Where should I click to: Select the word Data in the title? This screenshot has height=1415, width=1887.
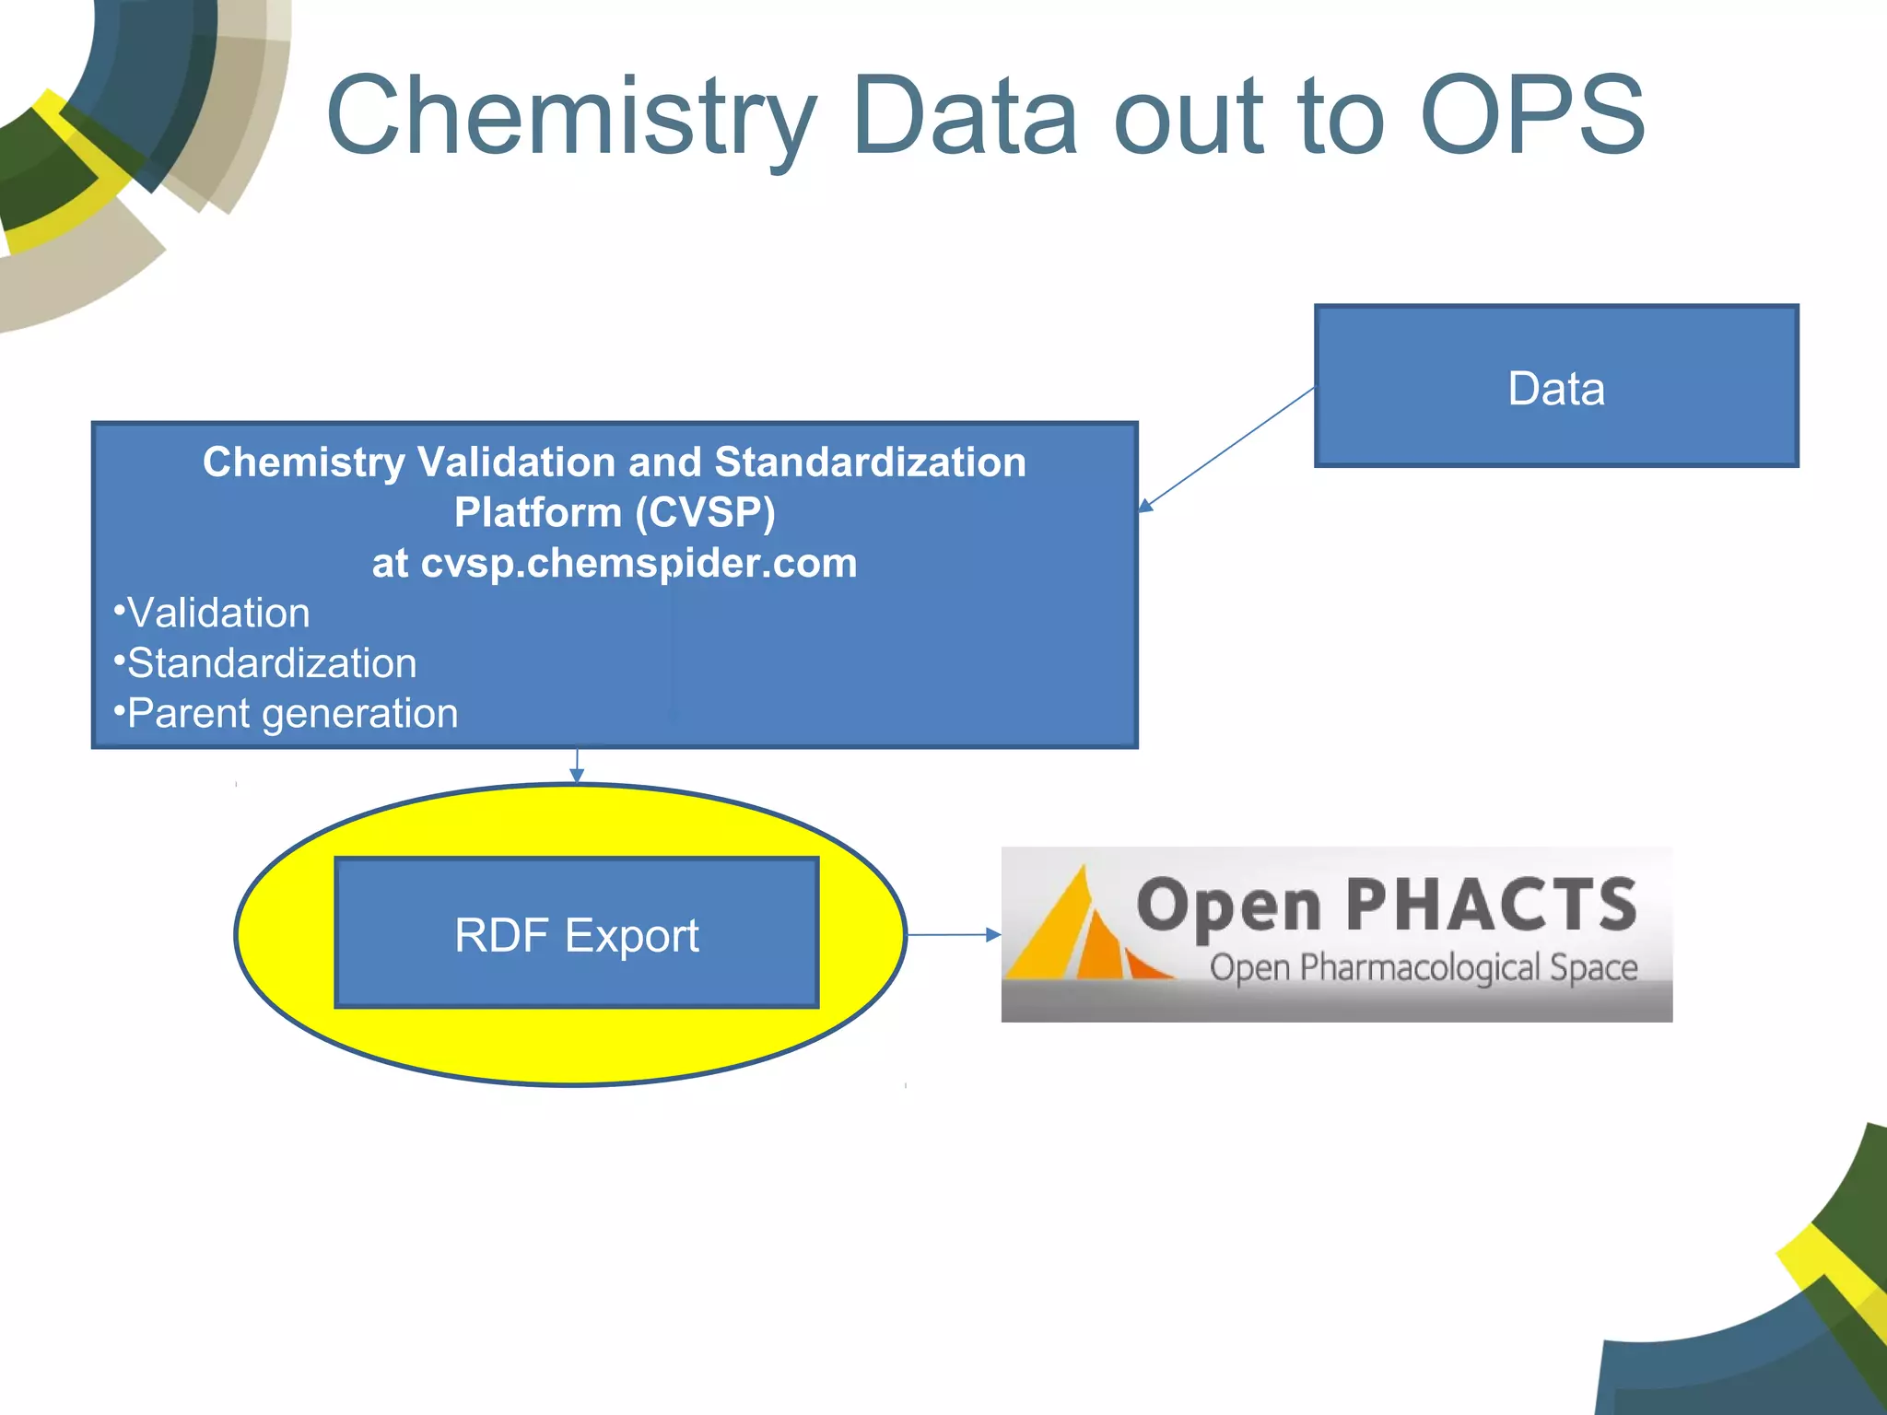pos(964,116)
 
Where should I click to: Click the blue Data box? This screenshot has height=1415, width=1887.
pos(1555,387)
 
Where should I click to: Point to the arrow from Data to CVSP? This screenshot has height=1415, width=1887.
pos(1225,448)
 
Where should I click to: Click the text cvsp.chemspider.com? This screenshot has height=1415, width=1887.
pos(638,563)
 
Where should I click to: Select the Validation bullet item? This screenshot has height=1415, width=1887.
pos(217,614)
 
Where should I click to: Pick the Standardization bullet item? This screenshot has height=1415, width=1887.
pos(271,663)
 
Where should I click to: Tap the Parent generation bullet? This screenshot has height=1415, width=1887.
pos(291,714)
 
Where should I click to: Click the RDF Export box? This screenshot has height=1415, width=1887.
pos(577,933)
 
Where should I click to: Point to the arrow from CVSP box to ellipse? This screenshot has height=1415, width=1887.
pos(577,766)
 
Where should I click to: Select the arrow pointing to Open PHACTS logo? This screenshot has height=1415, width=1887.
pos(954,934)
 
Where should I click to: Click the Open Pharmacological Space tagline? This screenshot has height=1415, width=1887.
pos(1423,969)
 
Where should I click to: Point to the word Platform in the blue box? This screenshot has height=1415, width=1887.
pos(537,512)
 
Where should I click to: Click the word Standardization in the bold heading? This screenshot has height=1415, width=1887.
pos(869,462)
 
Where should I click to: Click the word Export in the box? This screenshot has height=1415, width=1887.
pos(631,936)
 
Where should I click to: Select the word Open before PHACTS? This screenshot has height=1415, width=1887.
pos(1229,906)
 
